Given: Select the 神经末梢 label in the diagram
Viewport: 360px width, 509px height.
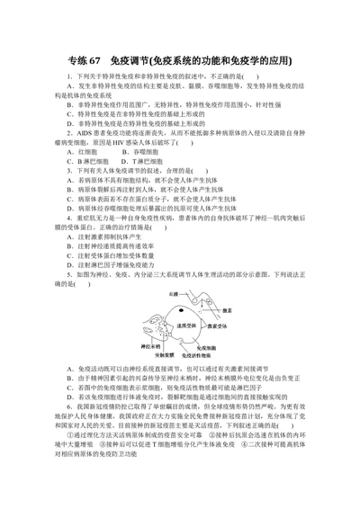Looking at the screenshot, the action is tap(148, 345).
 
